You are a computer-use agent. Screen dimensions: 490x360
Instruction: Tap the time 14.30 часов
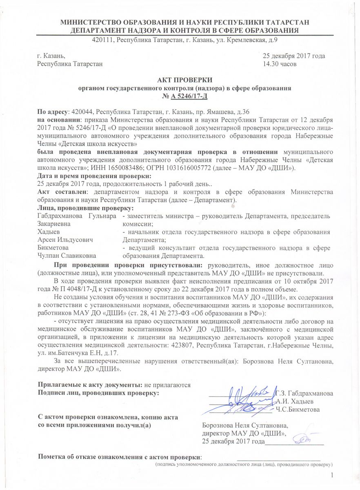pos(280,64)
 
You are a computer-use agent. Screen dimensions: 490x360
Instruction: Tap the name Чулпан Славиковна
pos(67,256)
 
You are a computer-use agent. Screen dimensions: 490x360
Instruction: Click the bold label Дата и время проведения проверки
pos(94,176)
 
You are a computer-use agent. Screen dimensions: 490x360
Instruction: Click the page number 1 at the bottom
pos(332,474)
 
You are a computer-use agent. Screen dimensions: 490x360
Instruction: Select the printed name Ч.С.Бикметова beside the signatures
pos(298,409)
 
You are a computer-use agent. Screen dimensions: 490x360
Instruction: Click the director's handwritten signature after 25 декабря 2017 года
pos(304,439)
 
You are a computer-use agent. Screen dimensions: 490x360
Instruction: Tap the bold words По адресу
pos(53,111)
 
